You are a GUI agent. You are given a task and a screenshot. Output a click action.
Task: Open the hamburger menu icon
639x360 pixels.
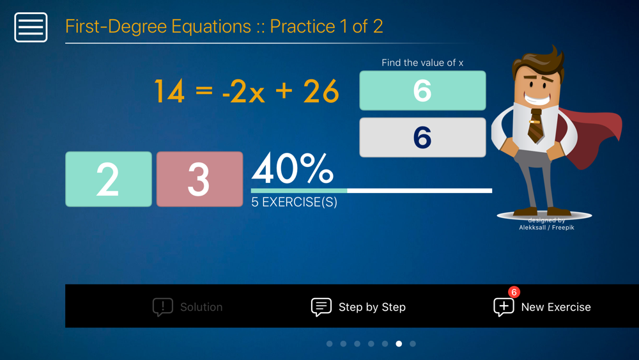click(31, 27)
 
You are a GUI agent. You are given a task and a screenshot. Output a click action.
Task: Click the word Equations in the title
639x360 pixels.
click(211, 26)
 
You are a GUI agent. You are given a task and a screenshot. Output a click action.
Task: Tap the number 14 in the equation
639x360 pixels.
click(169, 91)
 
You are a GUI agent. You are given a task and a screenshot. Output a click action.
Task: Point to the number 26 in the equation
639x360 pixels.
click(321, 91)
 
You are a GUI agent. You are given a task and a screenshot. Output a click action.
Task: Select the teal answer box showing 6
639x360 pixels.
click(422, 91)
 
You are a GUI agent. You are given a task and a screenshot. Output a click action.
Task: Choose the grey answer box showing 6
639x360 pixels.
click(422, 137)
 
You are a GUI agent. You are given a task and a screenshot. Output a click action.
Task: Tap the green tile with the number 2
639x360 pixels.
click(109, 179)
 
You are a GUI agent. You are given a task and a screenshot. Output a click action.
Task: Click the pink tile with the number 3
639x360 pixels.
click(199, 179)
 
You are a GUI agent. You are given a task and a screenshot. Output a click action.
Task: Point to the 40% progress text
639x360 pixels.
click(292, 168)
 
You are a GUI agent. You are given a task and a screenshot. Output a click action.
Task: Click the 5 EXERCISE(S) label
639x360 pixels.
click(294, 202)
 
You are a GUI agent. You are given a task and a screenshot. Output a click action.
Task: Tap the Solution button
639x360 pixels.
click(187, 306)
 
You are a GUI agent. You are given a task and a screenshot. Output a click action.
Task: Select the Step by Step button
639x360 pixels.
click(358, 306)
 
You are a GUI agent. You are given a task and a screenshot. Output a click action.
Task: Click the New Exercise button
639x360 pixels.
click(542, 306)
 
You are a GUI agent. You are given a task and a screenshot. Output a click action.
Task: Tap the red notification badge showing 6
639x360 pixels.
click(514, 292)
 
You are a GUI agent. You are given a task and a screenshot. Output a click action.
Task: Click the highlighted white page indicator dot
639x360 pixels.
click(399, 343)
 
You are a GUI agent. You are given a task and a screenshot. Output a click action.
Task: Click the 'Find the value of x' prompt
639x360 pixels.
click(422, 63)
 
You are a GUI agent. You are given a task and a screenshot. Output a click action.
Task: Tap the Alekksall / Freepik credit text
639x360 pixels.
click(546, 228)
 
